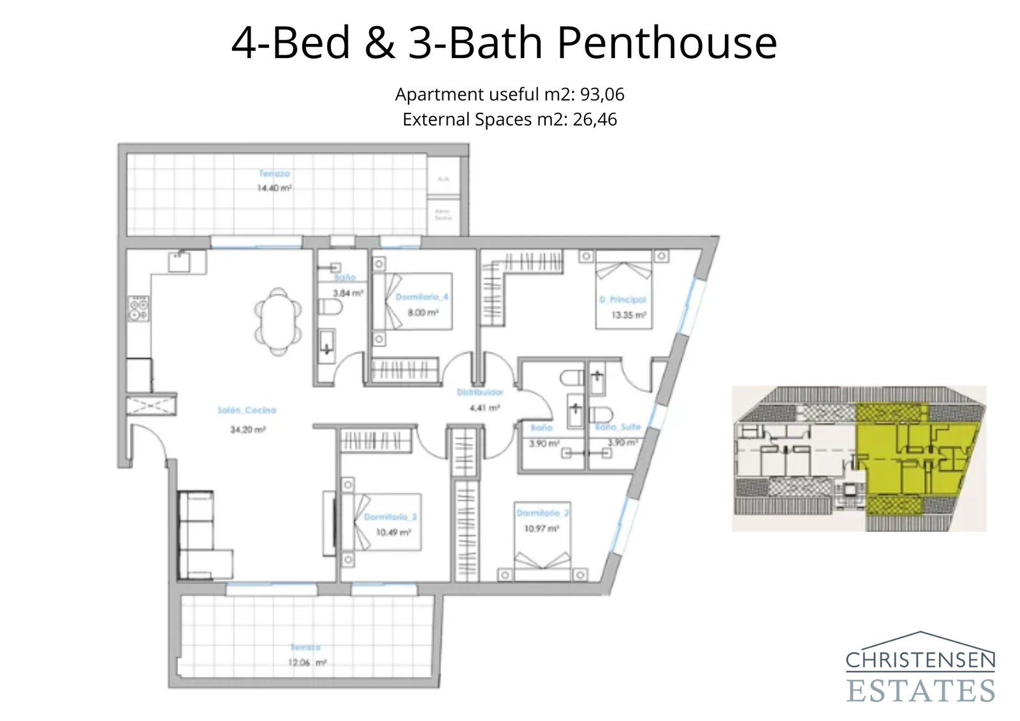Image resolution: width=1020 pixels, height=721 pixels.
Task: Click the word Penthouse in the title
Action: coord(667,43)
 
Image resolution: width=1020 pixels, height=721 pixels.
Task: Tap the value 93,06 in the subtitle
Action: coord(602,94)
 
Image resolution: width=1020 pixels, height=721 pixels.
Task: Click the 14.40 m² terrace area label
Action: coord(274,188)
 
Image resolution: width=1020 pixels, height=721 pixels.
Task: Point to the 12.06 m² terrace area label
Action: coord(307,662)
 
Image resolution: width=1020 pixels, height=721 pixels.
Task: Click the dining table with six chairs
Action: coord(278,321)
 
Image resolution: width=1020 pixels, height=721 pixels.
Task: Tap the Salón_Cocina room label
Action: coord(247,410)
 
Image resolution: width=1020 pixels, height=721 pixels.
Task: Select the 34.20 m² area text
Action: coord(247,430)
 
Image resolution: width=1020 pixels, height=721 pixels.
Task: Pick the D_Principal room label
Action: coord(622,300)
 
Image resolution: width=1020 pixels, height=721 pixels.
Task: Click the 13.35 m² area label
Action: coord(629,315)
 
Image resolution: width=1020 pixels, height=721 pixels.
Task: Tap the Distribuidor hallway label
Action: coord(480,392)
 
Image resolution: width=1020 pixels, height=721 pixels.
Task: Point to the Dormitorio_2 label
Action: coord(543,513)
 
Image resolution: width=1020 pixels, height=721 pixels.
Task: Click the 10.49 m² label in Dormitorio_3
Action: coord(393,532)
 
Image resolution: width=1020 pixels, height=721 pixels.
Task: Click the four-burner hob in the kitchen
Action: coord(139,309)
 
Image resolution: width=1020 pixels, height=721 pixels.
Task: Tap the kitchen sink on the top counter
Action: coord(180,261)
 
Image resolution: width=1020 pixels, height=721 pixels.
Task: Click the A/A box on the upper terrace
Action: coord(444,179)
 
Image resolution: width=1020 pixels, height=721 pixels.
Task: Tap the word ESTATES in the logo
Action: coord(920,690)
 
